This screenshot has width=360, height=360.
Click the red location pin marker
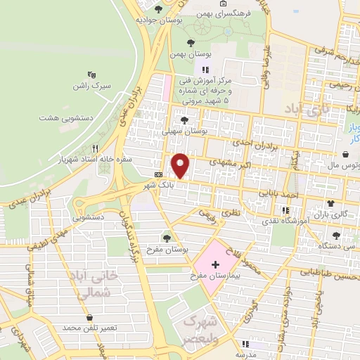pos(181,165)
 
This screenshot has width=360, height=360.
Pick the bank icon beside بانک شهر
pos(158,174)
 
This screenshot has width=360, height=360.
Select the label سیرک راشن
pos(91,86)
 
